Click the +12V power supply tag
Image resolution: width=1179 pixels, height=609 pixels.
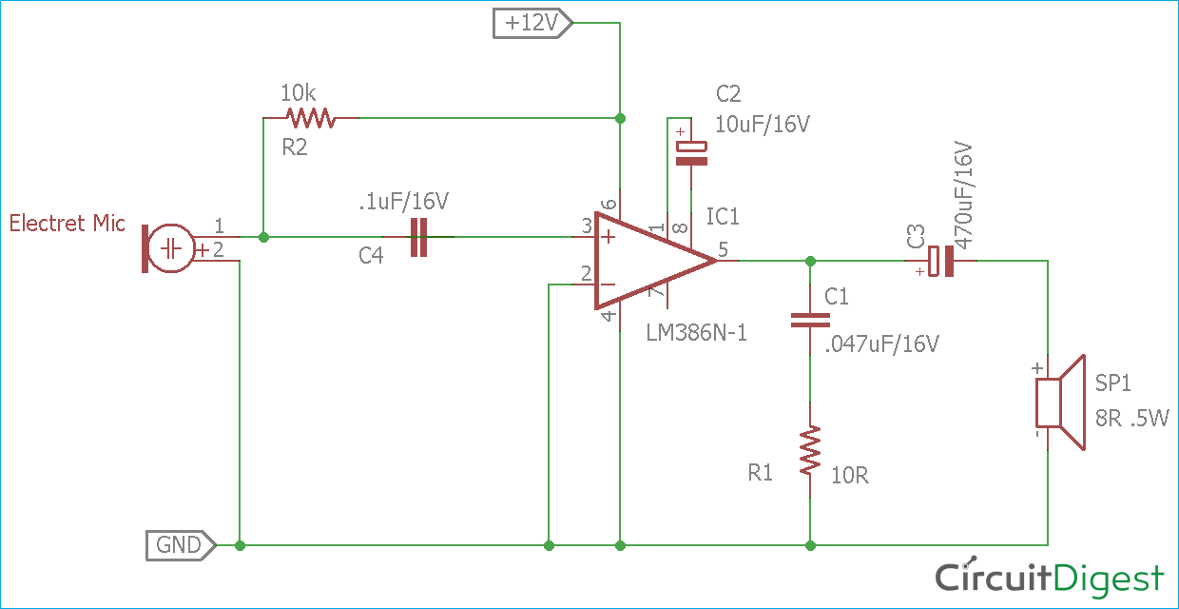click(532, 23)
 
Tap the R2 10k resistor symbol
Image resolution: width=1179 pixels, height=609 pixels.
click(311, 118)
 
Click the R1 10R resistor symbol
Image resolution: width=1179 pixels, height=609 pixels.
click(810, 451)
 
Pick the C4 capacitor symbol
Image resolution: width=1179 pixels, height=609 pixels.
click(419, 237)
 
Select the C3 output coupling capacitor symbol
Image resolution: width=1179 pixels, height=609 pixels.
click(940, 261)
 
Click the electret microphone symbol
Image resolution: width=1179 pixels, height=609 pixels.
click(169, 249)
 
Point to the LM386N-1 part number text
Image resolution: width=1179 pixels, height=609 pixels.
click(696, 333)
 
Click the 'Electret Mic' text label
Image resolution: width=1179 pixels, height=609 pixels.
click(67, 224)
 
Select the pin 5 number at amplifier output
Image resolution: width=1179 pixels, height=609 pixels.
click(724, 250)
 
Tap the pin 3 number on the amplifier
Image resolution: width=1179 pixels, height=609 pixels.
click(587, 226)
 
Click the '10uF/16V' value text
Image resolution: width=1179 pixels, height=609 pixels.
click(763, 125)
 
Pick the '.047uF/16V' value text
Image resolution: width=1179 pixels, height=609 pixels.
click(882, 344)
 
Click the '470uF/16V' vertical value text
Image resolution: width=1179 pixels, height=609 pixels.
click(963, 197)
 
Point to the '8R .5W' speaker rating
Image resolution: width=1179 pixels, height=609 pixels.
click(1132, 418)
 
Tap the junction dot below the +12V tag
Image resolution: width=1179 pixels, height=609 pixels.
click(620, 118)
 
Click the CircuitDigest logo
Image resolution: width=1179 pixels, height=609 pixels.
click(1049, 578)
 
